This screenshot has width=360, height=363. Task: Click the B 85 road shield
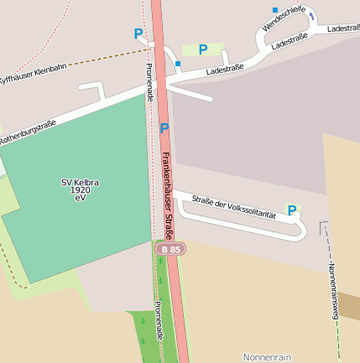[x=170, y=249]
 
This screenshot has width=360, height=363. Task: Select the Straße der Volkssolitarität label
[x=234, y=207]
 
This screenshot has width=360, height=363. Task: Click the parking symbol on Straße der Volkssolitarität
[x=292, y=210]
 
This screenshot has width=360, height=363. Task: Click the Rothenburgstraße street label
[x=29, y=133]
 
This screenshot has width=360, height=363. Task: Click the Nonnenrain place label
[x=267, y=357]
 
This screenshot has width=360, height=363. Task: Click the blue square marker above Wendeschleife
[x=274, y=10]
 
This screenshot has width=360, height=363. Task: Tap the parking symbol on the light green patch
[x=203, y=49]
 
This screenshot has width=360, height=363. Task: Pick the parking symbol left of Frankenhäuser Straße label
[x=164, y=128]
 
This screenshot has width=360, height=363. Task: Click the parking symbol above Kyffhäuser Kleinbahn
[x=138, y=34]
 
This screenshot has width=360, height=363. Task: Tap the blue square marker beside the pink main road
[x=178, y=63]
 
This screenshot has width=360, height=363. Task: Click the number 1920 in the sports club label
[x=81, y=190]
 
